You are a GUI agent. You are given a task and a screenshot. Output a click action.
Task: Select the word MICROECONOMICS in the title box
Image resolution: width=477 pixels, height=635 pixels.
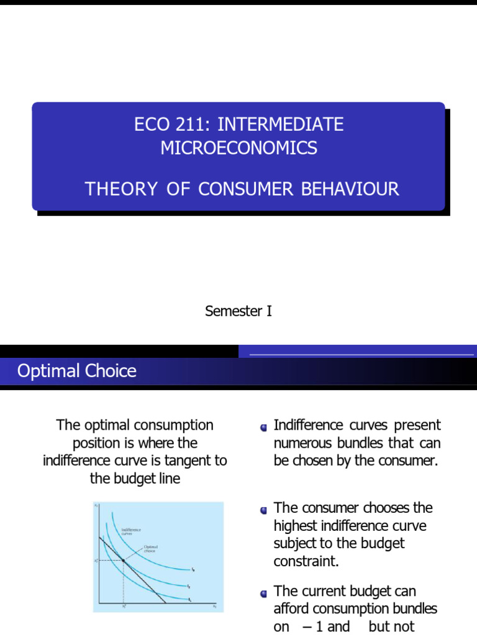click(238, 148)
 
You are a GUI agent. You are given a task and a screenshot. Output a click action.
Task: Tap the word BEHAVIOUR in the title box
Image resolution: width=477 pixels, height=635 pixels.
click(350, 189)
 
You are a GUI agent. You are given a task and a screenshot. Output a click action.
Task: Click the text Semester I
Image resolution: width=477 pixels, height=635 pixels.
click(238, 311)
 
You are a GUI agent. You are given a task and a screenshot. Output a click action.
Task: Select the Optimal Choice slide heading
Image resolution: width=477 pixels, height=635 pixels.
click(77, 371)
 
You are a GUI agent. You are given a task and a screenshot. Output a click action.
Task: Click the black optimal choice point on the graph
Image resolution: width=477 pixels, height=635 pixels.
click(124, 561)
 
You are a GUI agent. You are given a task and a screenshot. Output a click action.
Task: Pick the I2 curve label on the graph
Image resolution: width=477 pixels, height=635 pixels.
click(188, 586)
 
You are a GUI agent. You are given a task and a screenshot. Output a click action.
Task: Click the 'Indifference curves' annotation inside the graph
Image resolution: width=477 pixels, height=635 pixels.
click(131, 531)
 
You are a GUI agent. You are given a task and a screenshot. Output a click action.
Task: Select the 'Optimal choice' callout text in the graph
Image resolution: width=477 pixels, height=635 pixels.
click(150, 548)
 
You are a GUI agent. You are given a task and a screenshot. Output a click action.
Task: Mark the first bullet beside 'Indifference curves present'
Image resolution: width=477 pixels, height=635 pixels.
click(264, 427)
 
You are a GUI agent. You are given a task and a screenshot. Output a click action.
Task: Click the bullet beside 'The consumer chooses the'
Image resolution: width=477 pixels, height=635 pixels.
click(264, 510)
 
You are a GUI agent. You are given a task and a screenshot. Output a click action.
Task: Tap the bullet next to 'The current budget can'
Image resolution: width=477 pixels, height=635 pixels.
click(264, 593)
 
